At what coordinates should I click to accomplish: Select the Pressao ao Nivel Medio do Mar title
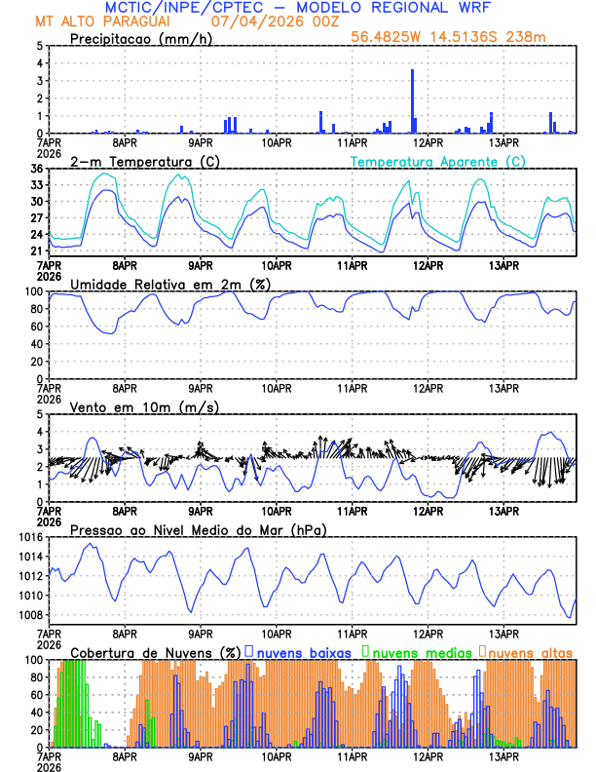click(x=198, y=529)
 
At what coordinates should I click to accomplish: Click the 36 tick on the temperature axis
click(x=36, y=169)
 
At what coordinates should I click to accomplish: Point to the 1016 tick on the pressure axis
click(x=29, y=537)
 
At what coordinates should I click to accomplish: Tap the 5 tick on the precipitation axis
click(x=39, y=46)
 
